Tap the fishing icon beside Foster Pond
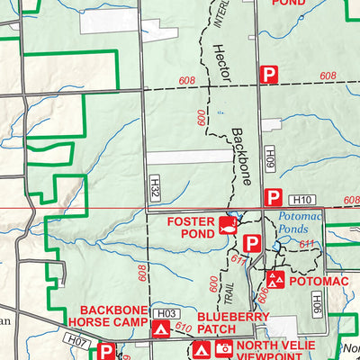pyautogui.click(x=229, y=223)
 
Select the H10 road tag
pyautogui.click(x=300, y=199)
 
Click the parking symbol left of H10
pyautogui.click(x=273, y=197)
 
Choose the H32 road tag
pyautogui.click(x=154, y=187)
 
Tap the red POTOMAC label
pyautogui.click(x=318, y=282)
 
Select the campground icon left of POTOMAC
pyautogui.click(x=275, y=281)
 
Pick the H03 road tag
pyautogui.click(x=164, y=313)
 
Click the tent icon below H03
pyautogui.click(x=161, y=331)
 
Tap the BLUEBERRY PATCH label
pyautogui.click(x=232, y=323)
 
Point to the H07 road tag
pyautogui.click(x=78, y=343)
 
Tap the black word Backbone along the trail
pyautogui.click(x=238, y=153)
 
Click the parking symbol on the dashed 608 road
pyautogui.click(x=268, y=76)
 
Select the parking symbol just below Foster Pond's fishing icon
pyautogui.click(x=252, y=243)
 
